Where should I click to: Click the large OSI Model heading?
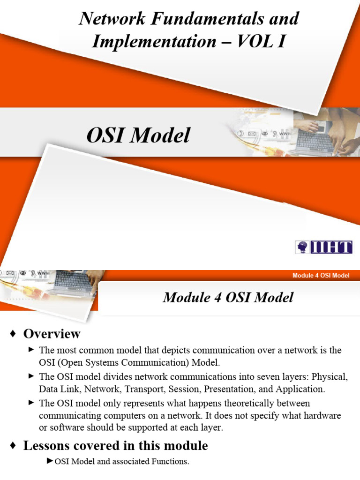click(x=138, y=135)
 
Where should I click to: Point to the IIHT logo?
click(x=323, y=247)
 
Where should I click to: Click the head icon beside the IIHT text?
click(x=302, y=247)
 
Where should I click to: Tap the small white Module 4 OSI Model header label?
click(x=321, y=275)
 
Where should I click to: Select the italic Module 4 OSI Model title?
click(x=228, y=297)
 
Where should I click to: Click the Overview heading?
click(x=52, y=334)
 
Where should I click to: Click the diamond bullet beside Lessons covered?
click(x=14, y=445)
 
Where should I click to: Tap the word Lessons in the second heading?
click(x=45, y=445)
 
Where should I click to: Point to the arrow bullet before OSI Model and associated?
click(x=50, y=461)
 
